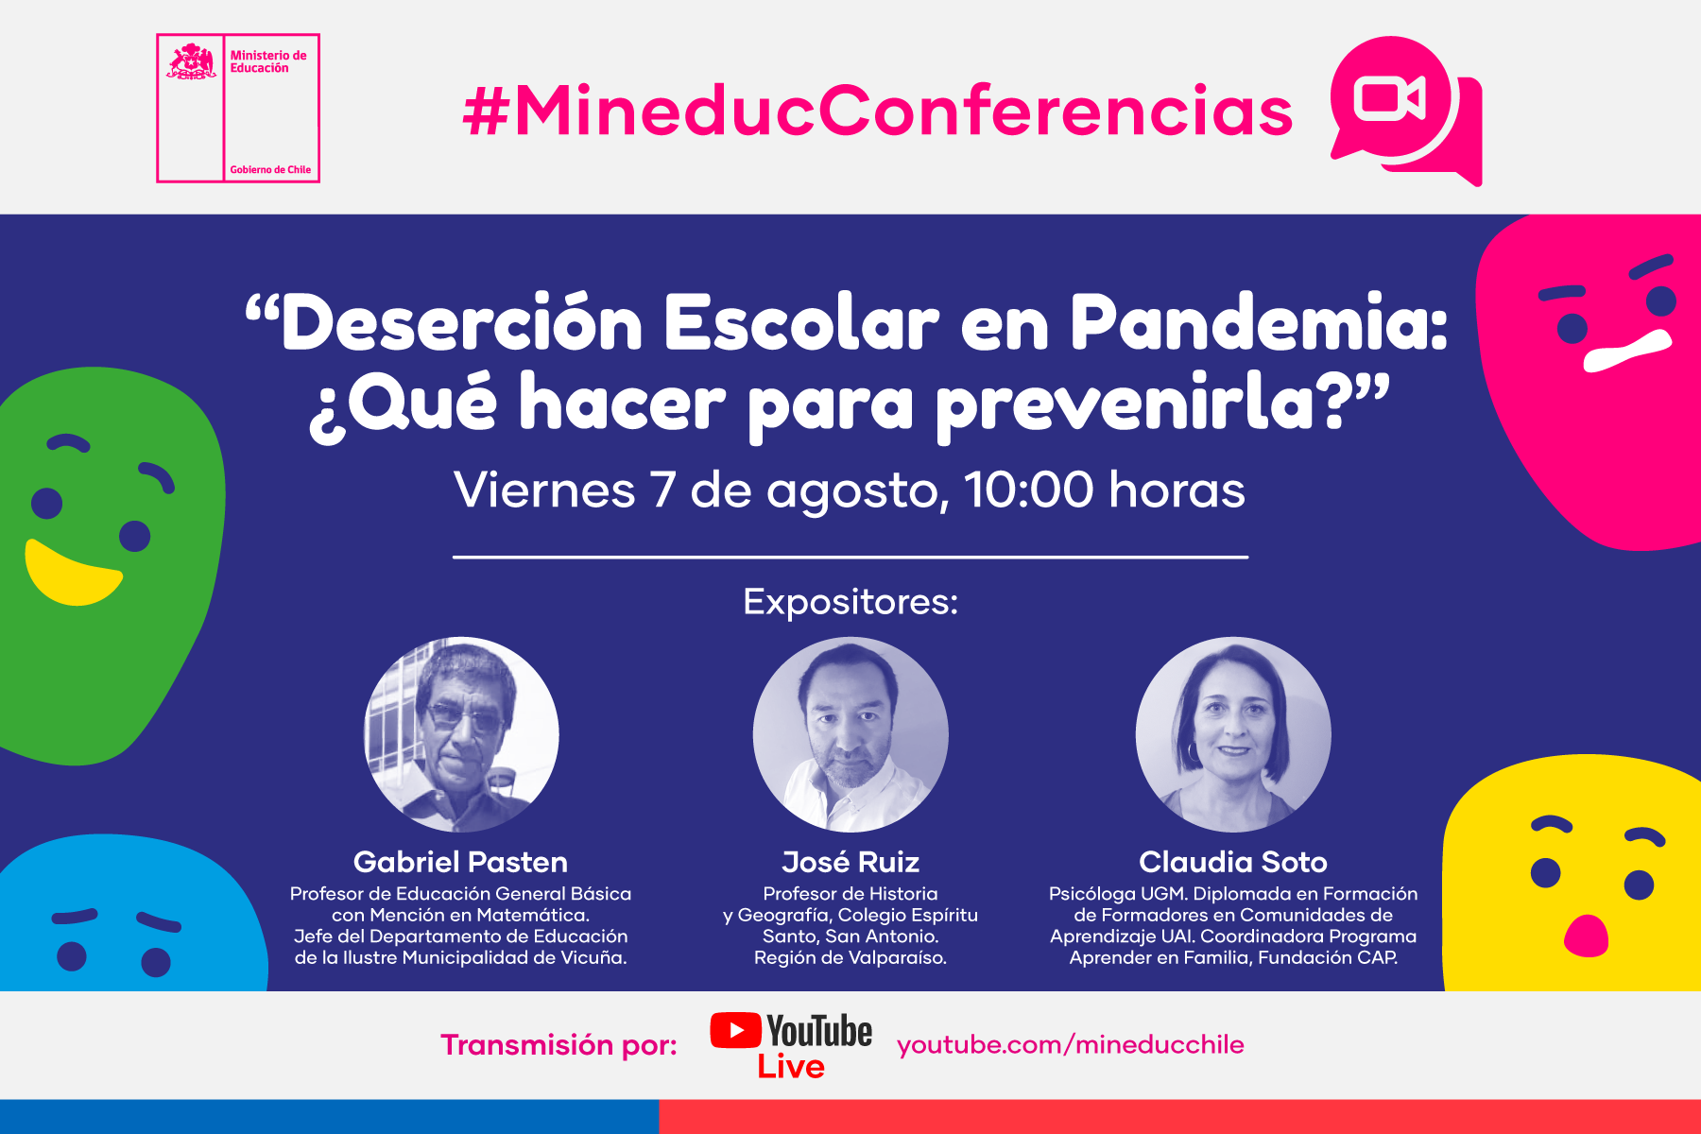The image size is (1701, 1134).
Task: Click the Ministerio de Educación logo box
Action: pyautogui.click(x=238, y=108)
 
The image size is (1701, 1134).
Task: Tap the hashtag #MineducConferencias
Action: pyautogui.click(x=878, y=111)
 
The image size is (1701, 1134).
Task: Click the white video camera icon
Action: pyautogui.click(x=1389, y=97)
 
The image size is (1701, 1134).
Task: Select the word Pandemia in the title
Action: pyautogui.click(x=1259, y=323)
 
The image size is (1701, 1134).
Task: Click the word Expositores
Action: pyautogui.click(x=850, y=602)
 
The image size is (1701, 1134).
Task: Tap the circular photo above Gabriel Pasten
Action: pyautogui.click(x=461, y=734)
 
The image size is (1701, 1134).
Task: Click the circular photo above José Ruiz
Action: pyautogui.click(x=850, y=734)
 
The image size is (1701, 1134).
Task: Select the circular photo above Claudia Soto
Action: pyautogui.click(x=1233, y=734)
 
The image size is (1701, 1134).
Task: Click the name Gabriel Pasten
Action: pyautogui.click(x=460, y=862)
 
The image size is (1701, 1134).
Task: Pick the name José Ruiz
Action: pyautogui.click(x=850, y=862)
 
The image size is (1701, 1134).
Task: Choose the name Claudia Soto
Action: pyautogui.click(x=1233, y=862)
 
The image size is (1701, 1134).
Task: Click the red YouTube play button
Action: pyautogui.click(x=735, y=1030)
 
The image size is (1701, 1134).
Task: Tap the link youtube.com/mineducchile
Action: pyautogui.click(x=1071, y=1044)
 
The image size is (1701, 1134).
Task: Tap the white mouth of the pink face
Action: pyautogui.click(x=1627, y=351)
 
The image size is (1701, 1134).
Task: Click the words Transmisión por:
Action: pyautogui.click(x=559, y=1044)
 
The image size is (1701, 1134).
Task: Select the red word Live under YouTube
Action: pyautogui.click(x=791, y=1067)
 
